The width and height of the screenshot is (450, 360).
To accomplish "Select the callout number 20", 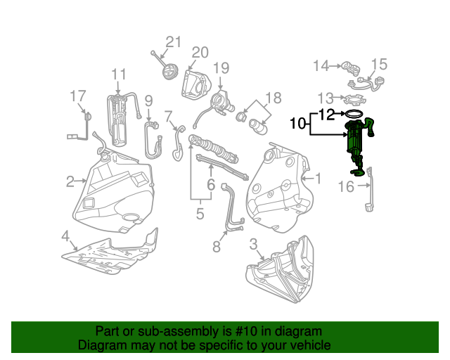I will click(200, 53).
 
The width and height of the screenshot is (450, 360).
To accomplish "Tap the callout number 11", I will click(118, 74).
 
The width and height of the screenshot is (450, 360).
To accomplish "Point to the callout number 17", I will click(77, 96).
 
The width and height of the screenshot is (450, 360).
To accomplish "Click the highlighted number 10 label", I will click(297, 124).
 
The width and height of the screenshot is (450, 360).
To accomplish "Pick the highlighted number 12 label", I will click(327, 113).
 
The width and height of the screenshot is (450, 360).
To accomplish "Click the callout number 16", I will click(346, 186).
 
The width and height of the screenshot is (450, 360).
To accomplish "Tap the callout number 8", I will click(216, 246).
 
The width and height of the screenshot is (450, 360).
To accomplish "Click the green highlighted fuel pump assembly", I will click(356, 144).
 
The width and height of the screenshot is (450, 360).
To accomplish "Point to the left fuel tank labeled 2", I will click(116, 193).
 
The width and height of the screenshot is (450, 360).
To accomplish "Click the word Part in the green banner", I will click(107, 331).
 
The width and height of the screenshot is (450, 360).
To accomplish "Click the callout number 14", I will click(321, 66).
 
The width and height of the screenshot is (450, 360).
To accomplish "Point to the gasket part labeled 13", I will click(359, 98).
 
